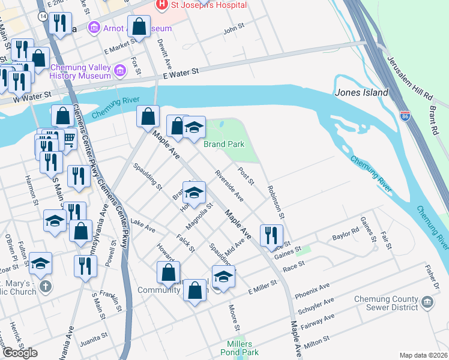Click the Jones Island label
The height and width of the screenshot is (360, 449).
(x=361, y=93)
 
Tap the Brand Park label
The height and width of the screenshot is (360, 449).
(x=224, y=144)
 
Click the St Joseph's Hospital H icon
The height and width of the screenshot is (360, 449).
(x=161, y=5)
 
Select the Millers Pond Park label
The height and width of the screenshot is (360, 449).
(x=243, y=348)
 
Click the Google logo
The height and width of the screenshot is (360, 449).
(x=20, y=353)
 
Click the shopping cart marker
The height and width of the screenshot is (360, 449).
(x=69, y=139)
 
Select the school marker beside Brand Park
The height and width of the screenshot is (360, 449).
(x=194, y=128)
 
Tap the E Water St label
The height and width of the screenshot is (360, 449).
(x=181, y=72)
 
